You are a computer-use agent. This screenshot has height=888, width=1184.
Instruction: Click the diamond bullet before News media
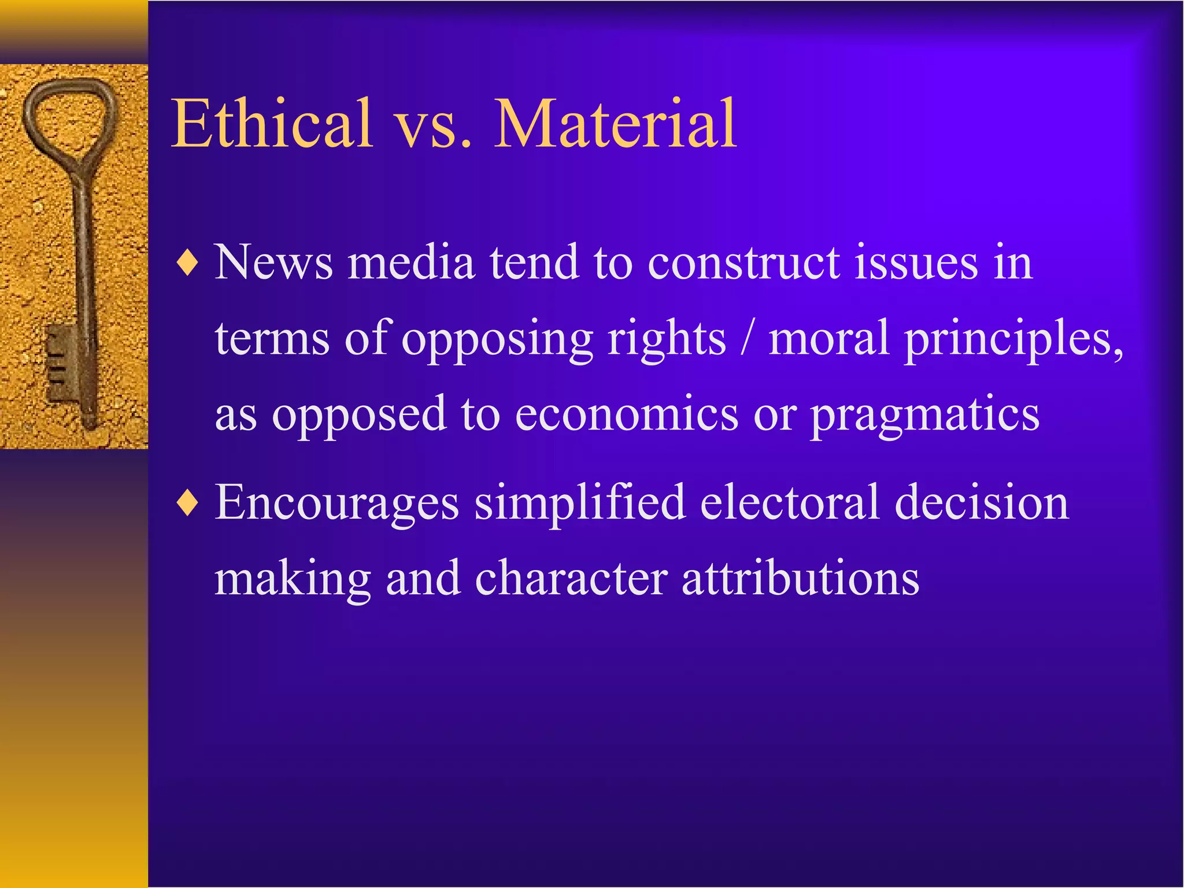(188, 264)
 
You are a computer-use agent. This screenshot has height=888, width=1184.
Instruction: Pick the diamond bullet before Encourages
(188, 504)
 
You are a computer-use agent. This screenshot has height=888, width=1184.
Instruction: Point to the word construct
(743, 263)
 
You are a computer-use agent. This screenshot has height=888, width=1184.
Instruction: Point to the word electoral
(790, 503)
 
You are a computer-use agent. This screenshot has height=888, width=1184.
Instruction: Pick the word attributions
(800, 579)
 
